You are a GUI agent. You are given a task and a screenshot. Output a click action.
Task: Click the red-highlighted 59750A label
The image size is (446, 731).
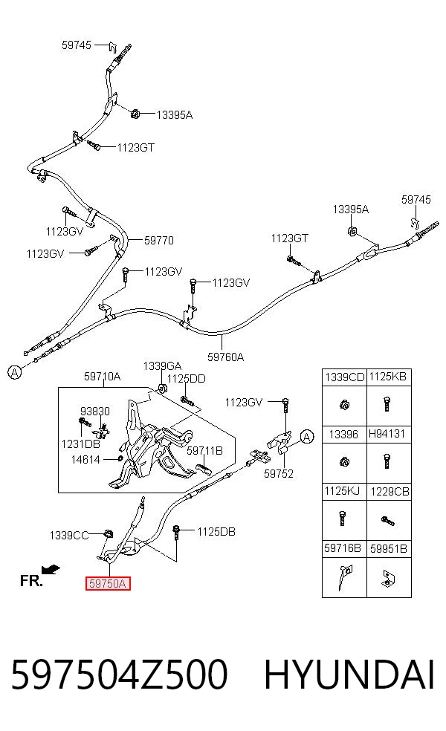click(107, 583)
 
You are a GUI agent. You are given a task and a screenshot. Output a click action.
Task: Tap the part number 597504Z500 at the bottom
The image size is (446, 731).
click(120, 674)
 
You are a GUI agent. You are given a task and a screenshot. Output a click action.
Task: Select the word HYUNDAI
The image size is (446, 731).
click(349, 674)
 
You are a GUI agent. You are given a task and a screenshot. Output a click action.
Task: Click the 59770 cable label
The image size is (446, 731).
click(158, 241)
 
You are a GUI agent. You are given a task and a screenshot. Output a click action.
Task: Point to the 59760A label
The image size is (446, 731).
click(225, 357)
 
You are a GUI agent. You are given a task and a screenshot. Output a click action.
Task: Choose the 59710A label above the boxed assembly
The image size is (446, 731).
click(102, 376)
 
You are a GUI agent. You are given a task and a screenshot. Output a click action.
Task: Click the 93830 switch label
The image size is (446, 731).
click(95, 412)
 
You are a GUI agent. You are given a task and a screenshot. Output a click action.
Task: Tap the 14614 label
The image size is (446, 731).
click(85, 460)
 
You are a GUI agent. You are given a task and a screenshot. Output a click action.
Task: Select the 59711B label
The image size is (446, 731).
click(205, 451)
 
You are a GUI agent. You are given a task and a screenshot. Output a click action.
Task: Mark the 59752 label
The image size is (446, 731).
click(279, 474)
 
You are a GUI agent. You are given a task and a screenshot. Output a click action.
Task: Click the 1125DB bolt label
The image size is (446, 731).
click(216, 532)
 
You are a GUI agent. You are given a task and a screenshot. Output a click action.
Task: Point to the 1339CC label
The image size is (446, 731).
click(69, 536)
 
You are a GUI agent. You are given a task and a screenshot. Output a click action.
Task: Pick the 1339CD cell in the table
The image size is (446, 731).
click(344, 377)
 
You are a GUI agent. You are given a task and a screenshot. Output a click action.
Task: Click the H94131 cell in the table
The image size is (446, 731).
click(387, 434)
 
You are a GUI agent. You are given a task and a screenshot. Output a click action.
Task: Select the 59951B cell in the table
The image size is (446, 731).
click(389, 549)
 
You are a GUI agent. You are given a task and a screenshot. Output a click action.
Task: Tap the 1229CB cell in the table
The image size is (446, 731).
click(390, 492)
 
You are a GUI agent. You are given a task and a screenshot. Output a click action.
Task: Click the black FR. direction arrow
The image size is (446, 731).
click(51, 569)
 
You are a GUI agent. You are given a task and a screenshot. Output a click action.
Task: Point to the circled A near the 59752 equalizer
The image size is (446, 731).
click(306, 437)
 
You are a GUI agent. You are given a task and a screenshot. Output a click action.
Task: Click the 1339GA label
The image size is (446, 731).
click(162, 366)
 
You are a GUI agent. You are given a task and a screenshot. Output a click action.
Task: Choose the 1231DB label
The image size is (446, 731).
click(81, 444)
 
